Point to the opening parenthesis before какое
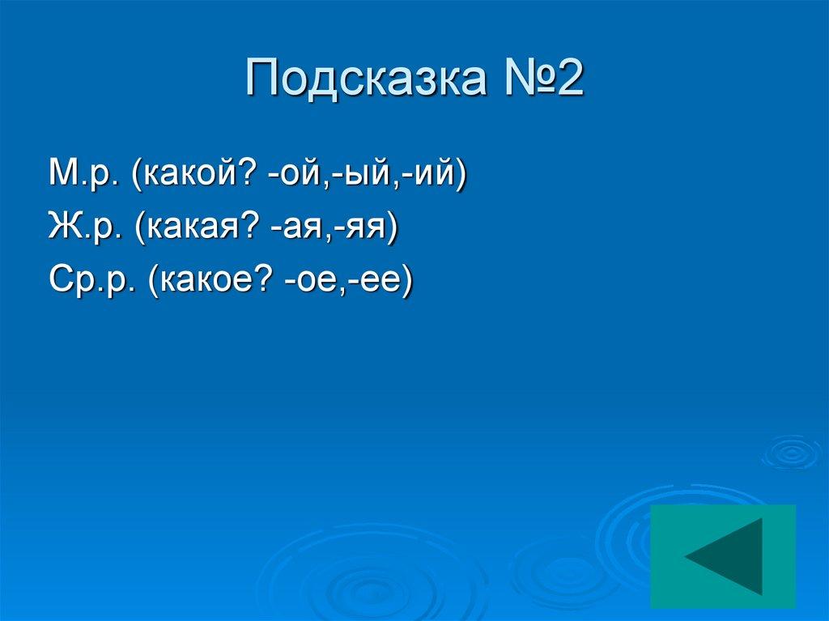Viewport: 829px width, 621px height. point(153,283)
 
